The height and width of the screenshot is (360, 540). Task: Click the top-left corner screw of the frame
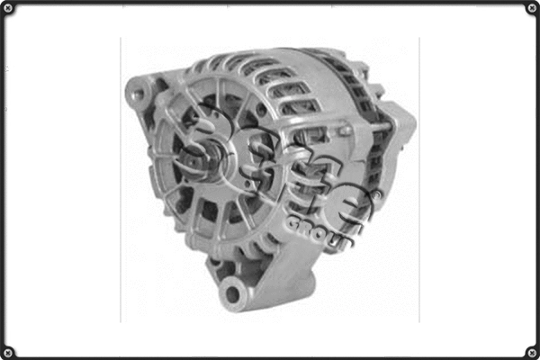coord(8,9)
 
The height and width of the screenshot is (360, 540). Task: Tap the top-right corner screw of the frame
coord(531,9)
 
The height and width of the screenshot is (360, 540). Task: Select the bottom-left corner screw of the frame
coord(8,350)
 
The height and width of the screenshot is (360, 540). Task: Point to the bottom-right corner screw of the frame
coord(531,350)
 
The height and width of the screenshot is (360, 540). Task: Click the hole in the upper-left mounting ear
coord(137,90)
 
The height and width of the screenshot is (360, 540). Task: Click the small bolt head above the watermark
coord(345,130)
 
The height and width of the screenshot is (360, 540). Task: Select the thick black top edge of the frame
coord(270,3)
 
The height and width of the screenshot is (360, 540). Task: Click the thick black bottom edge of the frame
coord(270,356)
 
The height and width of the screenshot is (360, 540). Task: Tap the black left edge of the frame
coord(3,180)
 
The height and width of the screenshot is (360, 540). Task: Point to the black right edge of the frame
coord(536,180)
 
